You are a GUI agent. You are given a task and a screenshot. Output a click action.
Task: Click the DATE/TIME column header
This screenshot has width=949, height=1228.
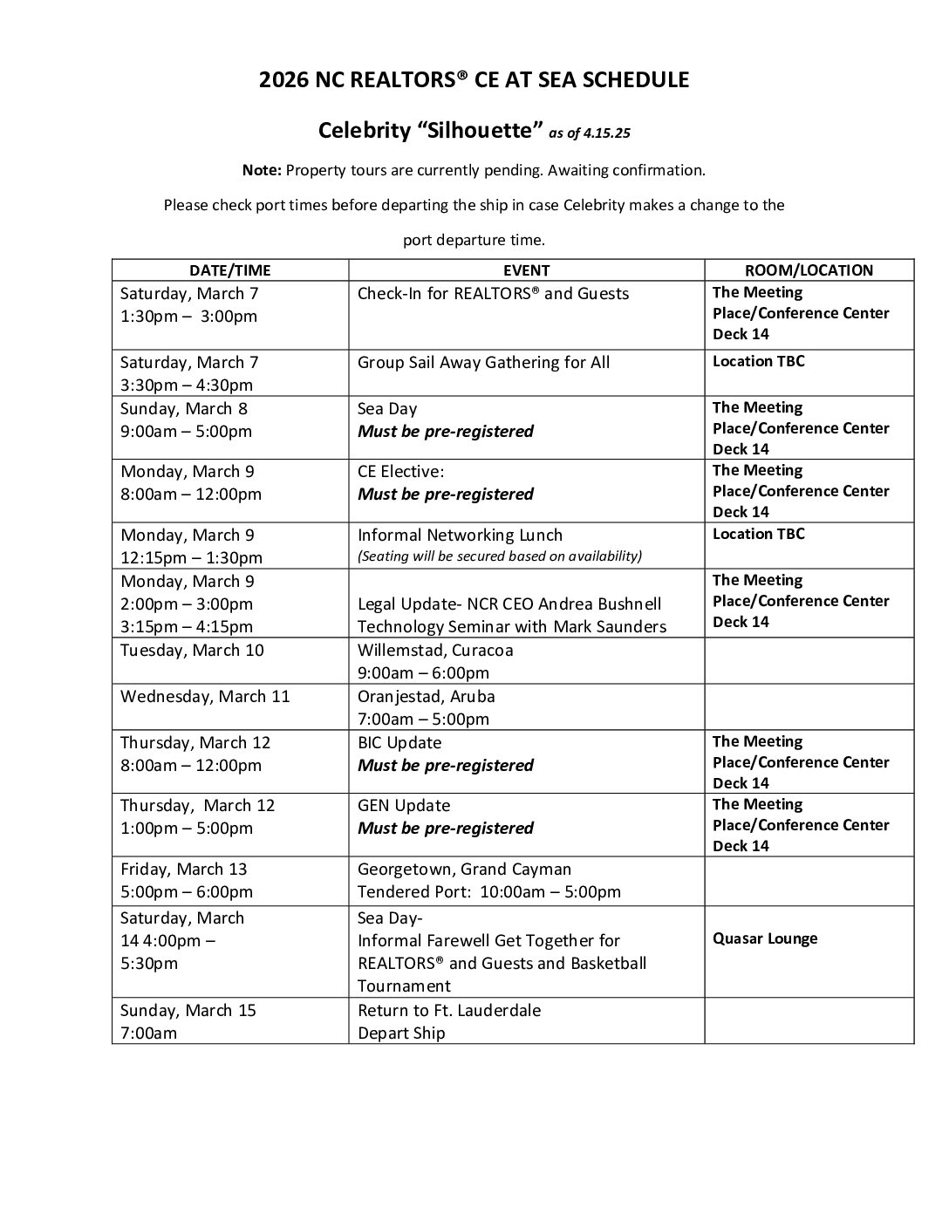pos(230,270)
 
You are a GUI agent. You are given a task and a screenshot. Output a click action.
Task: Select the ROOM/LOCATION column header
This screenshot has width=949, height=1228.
pos(809,270)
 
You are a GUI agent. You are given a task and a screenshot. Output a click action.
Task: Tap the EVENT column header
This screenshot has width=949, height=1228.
pos(526,270)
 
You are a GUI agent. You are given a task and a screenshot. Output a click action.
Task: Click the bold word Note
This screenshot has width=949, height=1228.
pos(262,170)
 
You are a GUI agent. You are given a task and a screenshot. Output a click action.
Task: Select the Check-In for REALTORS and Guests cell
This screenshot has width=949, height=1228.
pos(493,294)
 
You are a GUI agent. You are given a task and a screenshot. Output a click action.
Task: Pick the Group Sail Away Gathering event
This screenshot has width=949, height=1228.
pos(483,362)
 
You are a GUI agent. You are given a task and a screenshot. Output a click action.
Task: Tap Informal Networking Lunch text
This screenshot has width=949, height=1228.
pos(460,536)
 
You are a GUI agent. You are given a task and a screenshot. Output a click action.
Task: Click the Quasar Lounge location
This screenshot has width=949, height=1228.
pos(765,938)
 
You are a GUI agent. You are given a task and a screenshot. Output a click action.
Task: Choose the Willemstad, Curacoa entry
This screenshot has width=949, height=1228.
pos(435,651)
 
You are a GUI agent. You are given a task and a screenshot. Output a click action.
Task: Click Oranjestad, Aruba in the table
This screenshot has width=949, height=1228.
pos(426,697)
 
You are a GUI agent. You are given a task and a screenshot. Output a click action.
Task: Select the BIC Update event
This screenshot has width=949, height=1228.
pos(399,743)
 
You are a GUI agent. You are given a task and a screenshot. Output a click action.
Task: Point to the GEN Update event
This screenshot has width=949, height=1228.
pos(404,806)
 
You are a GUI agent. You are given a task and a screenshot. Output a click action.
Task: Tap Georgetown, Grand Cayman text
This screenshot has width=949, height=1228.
pos(464,870)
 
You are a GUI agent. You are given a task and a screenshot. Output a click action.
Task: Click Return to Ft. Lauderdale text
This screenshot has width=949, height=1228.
pos(449,1011)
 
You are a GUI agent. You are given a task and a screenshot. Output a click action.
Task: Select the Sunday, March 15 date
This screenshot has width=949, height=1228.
pos(188,1011)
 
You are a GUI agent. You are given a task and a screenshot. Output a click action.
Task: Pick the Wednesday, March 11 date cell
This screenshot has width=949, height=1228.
pos(205,697)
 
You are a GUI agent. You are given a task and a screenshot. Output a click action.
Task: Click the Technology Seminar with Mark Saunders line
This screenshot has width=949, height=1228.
pos(512,627)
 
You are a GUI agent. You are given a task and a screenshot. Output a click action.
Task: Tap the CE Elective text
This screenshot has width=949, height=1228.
pos(400,472)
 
